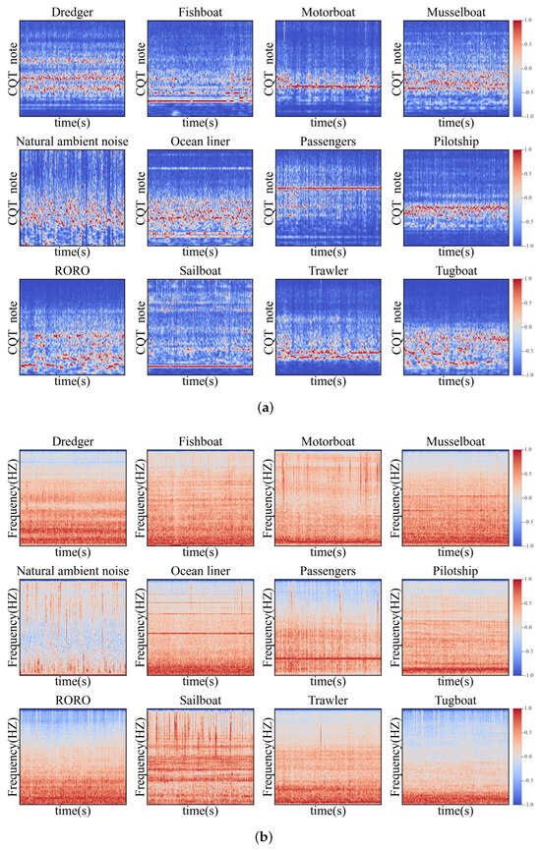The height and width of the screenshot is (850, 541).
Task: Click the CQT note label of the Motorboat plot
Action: tap(267, 67)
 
